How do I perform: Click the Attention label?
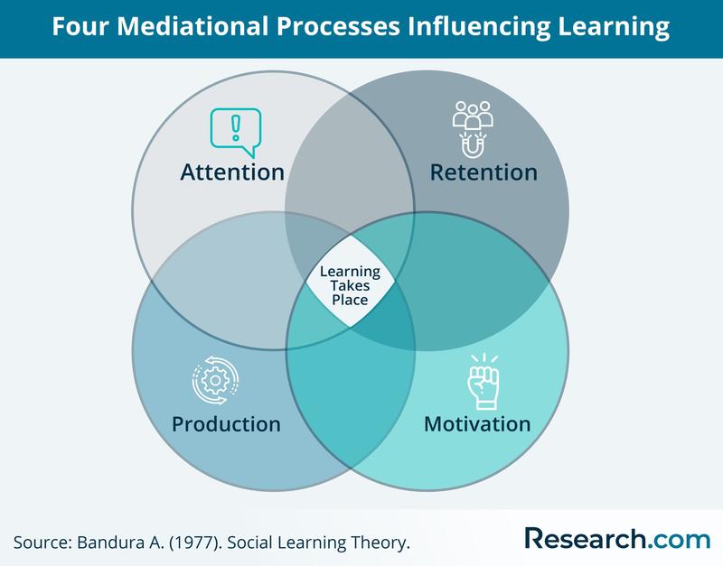[x=232, y=172]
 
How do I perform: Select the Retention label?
[x=483, y=172]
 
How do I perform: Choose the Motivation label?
[x=477, y=423]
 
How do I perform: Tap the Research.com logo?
[x=616, y=539]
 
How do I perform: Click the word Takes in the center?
[x=350, y=284]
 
